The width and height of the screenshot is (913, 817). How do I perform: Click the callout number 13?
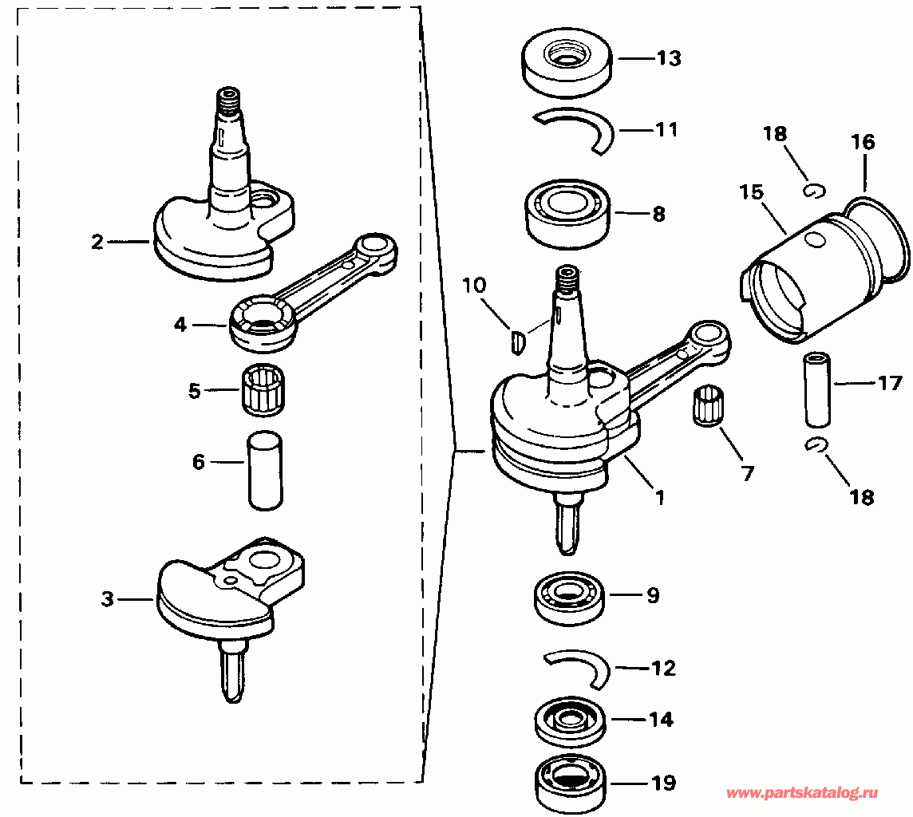[x=669, y=59]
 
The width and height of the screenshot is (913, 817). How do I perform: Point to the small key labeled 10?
[x=517, y=342]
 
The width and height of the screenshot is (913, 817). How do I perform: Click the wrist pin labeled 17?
[x=817, y=389]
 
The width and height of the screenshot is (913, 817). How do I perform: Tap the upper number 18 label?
[x=774, y=133]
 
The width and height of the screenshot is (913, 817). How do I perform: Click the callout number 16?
[x=863, y=143]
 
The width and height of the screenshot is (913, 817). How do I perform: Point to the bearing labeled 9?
[x=567, y=596]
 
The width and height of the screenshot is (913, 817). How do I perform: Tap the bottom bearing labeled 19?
[x=568, y=781]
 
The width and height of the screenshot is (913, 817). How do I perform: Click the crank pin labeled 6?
[x=265, y=470]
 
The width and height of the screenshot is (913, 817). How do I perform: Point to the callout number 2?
[x=97, y=241]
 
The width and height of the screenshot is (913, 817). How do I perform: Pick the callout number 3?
[x=108, y=599]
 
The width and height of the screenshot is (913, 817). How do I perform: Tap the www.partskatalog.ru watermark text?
[x=803, y=793]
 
